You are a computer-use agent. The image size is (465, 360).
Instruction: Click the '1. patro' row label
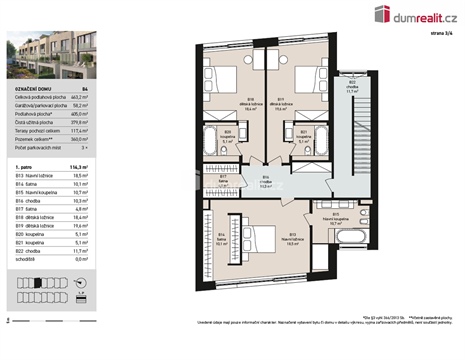click(x=23, y=167)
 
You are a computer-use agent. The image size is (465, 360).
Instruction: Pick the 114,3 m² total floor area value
click(x=80, y=167)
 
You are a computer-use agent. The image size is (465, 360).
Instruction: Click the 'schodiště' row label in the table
click(x=24, y=258)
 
